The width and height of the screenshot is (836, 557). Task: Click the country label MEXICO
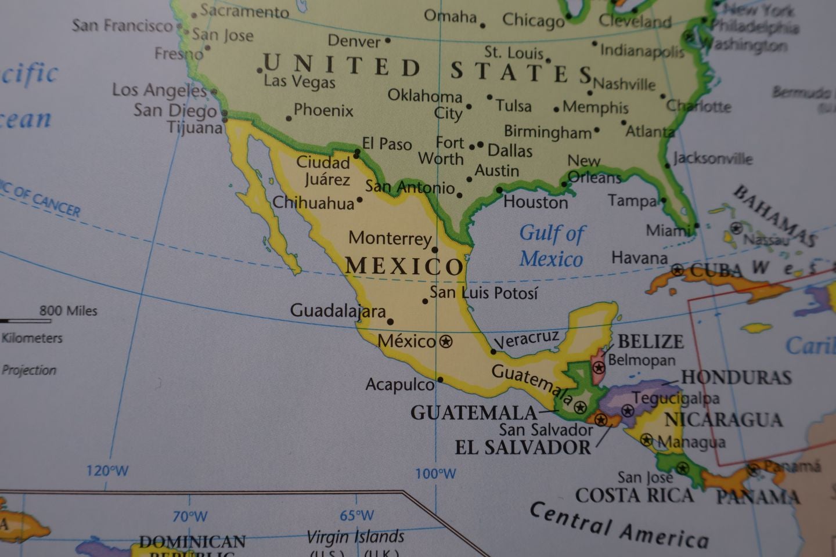[x=405, y=266]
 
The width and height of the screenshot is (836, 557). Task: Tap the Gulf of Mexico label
[x=552, y=246]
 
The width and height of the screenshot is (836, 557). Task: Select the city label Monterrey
[x=390, y=238]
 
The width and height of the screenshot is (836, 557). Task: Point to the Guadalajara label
[x=338, y=310]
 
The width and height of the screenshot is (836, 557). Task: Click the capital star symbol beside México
[x=445, y=342]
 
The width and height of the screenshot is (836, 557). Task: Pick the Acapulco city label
[x=399, y=384]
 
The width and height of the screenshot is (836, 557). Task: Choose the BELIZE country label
[x=650, y=341]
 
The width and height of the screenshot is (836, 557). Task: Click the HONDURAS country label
[x=736, y=377]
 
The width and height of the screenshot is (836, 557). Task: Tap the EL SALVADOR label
[x=522, y=447]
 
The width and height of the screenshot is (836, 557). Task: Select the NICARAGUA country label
[x=723, y=419]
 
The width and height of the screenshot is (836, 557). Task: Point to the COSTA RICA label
[x=635, y=495]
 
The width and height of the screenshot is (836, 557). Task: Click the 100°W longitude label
[x=435, y=473]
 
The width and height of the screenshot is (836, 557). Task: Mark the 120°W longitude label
[x=107, y=471]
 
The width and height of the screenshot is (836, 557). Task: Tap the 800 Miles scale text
[x=69, y=311]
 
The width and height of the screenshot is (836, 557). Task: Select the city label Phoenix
[x=323, y=110]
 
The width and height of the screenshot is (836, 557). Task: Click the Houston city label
[x=535, y=202]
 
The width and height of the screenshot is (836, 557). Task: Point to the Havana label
[x=639, y=258]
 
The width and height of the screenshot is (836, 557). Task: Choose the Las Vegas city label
[x=300, y=81]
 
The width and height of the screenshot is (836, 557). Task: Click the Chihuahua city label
[x=313, y=203]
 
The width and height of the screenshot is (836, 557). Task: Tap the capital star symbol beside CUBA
[x=677, y=270]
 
